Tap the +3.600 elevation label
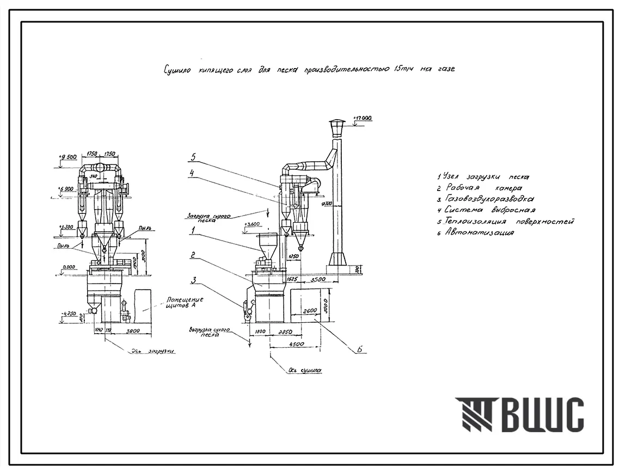click(x=254, y=224)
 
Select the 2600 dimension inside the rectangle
click(x=311, y=310)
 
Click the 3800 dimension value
click(x=133, y=330)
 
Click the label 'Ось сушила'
click(x=305, y=371)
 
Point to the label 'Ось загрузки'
click(x=152, y=352)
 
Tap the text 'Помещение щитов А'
click(x=185, y=302)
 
